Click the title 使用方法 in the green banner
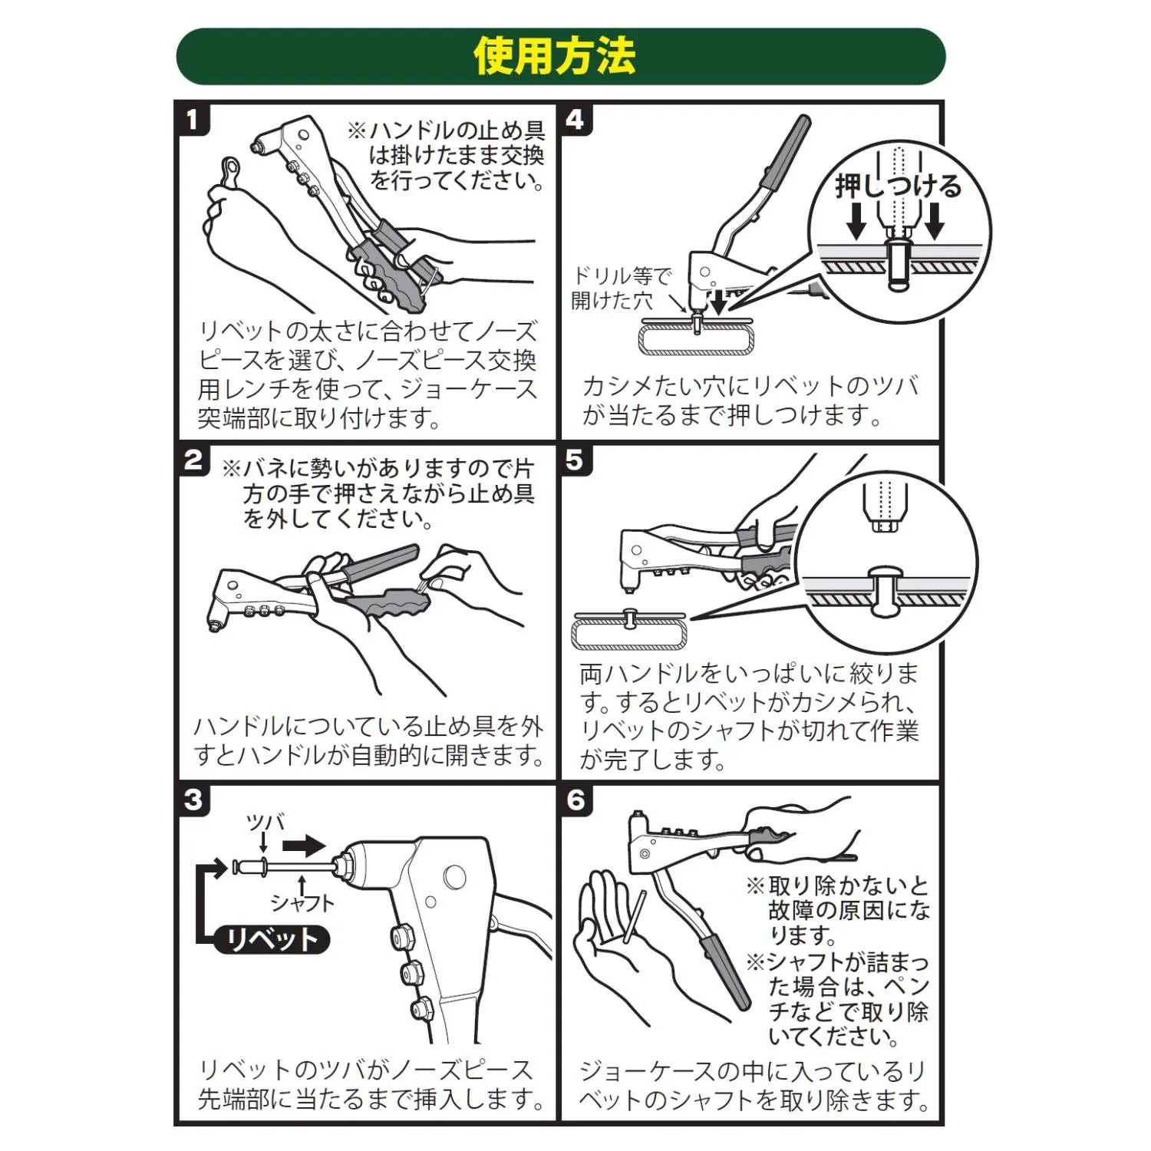555,56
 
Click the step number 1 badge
193,120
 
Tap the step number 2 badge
193,460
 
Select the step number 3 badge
193,800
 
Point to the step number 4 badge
575,120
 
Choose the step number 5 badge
575,460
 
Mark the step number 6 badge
575,800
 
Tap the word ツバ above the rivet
265,823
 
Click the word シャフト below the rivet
302,902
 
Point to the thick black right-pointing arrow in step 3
304,846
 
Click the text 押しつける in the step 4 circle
898,186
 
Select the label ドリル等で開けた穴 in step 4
622,288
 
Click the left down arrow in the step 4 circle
856,220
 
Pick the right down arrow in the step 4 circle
935,220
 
